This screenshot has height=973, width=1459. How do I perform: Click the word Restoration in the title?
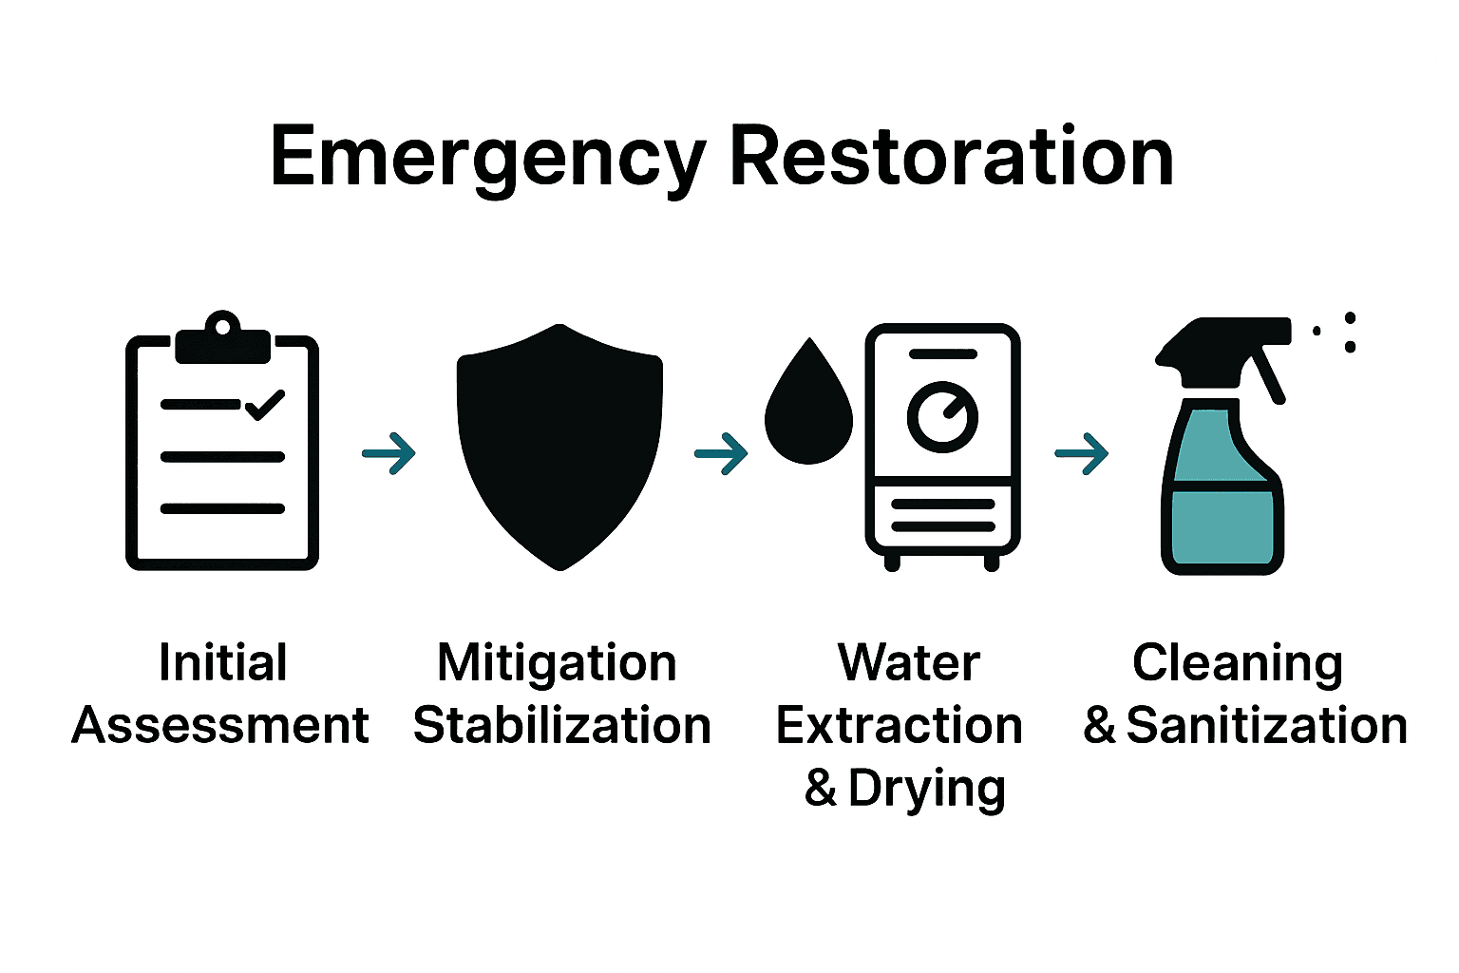point(951,157)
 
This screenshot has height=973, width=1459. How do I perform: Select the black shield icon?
point(559,447)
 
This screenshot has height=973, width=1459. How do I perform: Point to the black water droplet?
point(808,409)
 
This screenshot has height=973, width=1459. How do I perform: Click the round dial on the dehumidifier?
point(942,416)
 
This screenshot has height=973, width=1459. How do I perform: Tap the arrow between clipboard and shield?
point(389,453)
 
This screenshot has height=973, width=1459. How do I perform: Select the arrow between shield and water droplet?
point(721,453)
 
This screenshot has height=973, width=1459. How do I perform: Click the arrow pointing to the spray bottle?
point(1082,453)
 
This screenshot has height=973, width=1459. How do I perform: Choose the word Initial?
point(223,662)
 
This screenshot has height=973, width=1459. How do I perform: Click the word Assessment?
point(220,726)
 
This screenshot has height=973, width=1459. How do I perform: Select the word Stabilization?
point(562,726)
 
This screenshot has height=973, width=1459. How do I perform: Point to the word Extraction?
point(899,726)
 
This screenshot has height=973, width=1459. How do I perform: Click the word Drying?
point(926,789)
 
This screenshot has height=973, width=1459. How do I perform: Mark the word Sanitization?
point(1266,726)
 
